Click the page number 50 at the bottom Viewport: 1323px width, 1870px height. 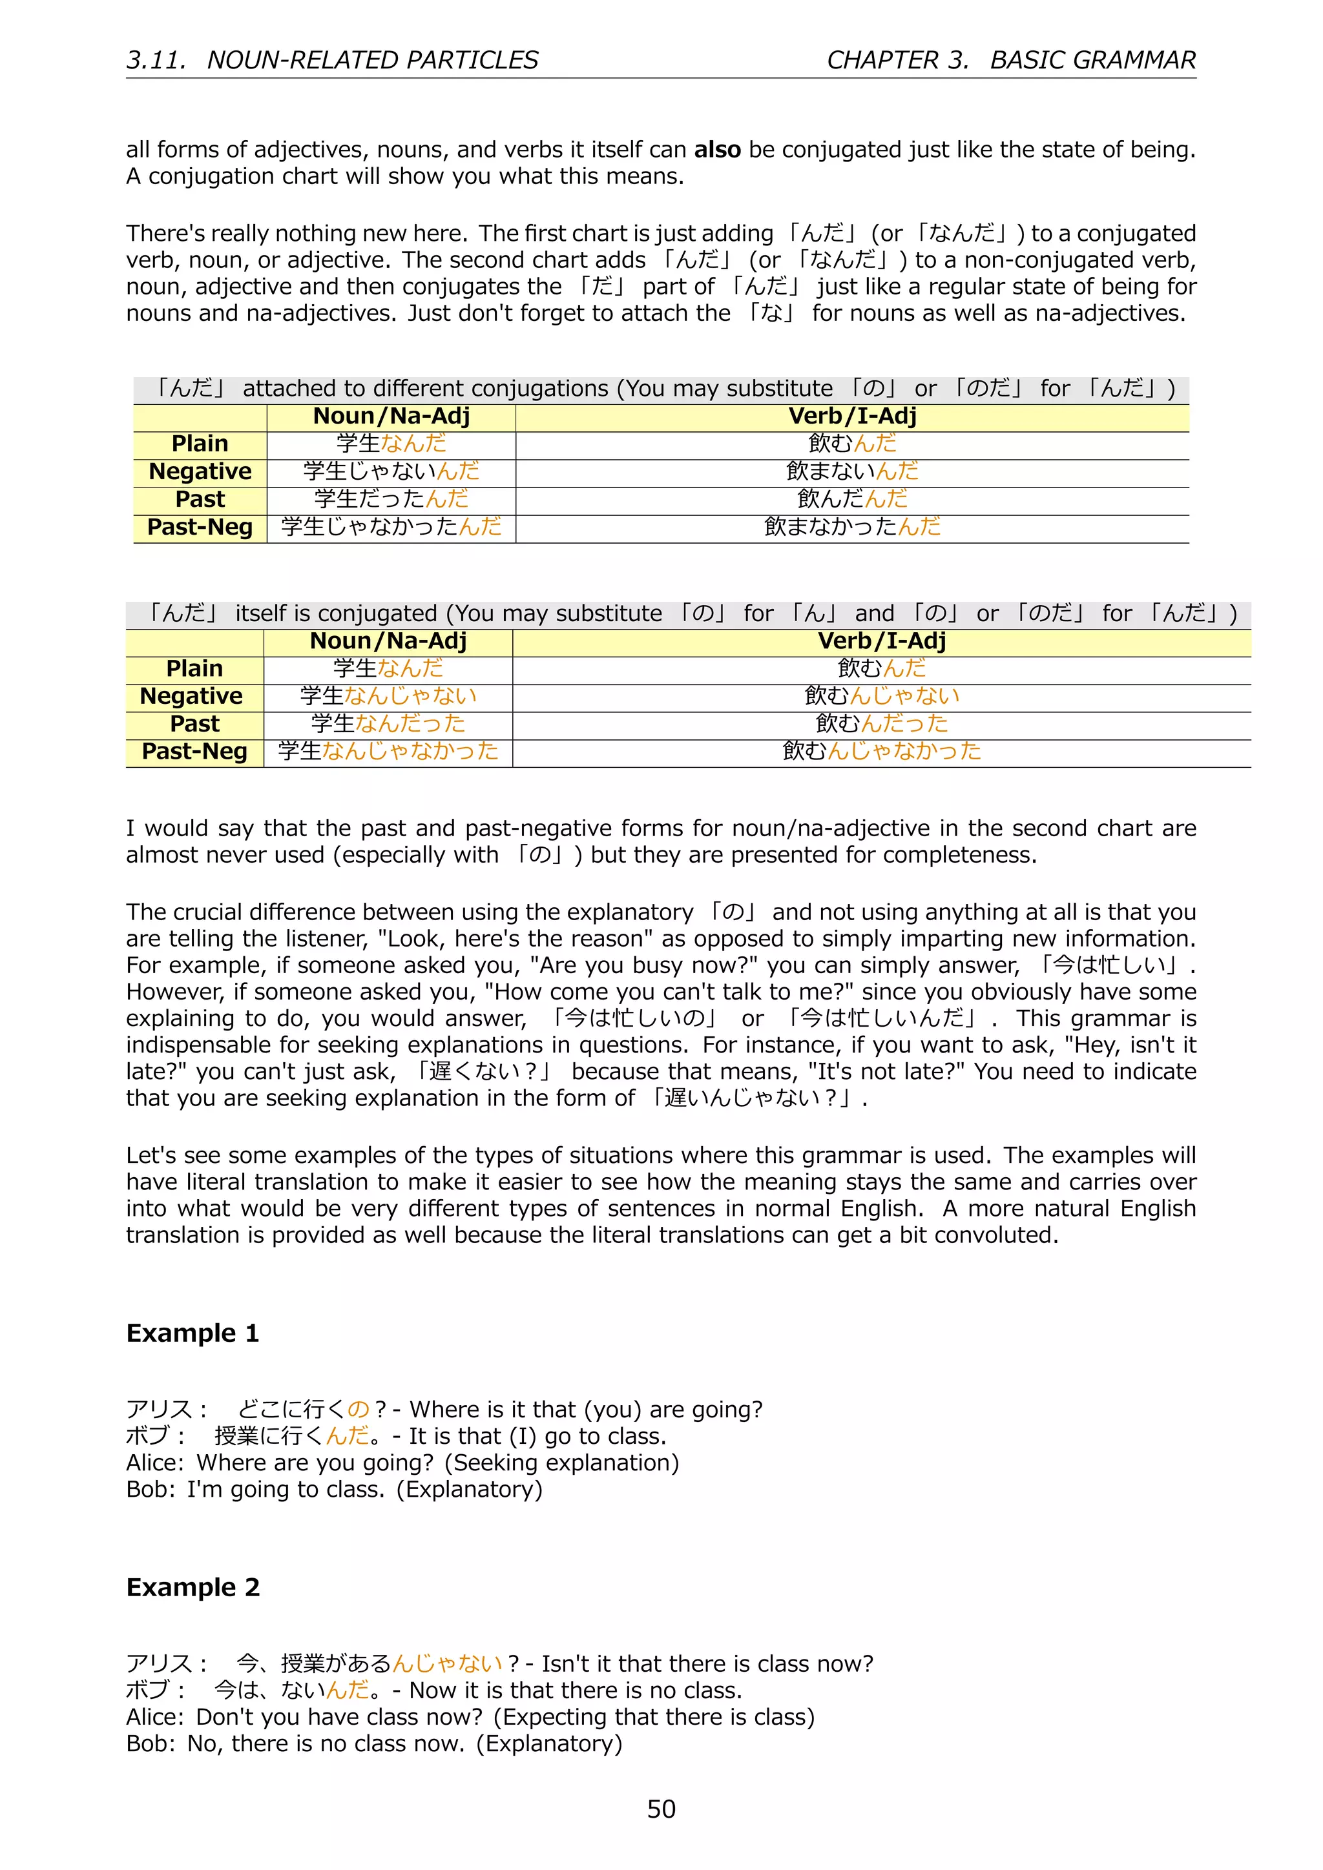(x=661, y=1808)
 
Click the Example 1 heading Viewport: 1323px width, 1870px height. (x=193, y=1333)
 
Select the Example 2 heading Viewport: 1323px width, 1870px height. (x=193, y=1587)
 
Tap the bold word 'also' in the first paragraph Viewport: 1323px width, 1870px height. (x=717, y=150)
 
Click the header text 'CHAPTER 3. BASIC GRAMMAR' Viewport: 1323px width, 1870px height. (x=1011, y=60)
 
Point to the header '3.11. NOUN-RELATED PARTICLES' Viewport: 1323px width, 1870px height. (x=333, y=60)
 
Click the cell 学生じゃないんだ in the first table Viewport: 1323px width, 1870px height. (x=391, y=471)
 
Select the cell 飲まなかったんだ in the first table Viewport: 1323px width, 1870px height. (x=852, y=527)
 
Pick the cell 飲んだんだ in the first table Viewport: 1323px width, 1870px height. (x=852, y=498)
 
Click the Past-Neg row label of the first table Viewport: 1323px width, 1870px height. (x=200, y=527)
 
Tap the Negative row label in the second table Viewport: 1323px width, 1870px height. (x=191, y=696)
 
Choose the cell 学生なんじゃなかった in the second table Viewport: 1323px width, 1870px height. (x=388, y=751)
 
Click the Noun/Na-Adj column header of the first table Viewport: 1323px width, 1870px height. (x=391, y=416)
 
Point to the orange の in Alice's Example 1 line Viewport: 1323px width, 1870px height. (x=359, y=1409)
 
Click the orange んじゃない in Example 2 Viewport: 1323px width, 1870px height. (x=447, y=1663)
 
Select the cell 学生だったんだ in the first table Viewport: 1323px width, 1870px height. (x=391, y=498)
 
